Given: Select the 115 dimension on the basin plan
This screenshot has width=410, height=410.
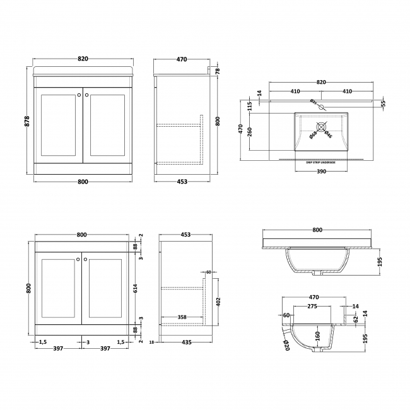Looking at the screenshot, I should [x=250, y=105].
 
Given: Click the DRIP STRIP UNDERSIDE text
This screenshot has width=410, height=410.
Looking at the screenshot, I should [x=321, y=163].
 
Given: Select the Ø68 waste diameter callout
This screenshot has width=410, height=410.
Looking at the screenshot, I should [x=313, y=133].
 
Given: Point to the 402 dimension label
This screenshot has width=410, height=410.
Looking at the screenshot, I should [x=217, y=299].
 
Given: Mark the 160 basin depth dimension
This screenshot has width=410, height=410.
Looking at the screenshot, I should [x=317, y=335].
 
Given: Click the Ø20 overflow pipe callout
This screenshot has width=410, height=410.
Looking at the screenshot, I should [x=284, y=344].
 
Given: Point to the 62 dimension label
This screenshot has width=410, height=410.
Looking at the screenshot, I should [x=356, y=319].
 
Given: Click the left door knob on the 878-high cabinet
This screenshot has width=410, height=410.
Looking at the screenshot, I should [x=78, y=95].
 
